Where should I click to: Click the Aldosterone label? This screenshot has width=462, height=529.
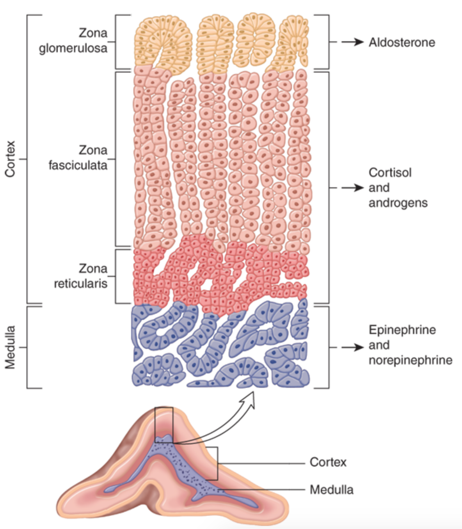click(402, 42)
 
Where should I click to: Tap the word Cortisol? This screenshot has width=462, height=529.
click(390, 172)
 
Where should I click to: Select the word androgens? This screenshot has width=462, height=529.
click(398, 203)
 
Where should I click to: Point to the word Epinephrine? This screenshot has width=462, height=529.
click(402, 330)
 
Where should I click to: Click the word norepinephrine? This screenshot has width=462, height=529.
click(410, 360)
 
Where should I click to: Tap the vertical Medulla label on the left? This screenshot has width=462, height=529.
click(10, 347)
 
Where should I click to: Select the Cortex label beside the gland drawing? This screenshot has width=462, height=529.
click(328, 462)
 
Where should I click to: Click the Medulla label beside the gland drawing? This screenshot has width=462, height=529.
click(331, 489)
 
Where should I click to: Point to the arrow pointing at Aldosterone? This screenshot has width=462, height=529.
click(352, 42)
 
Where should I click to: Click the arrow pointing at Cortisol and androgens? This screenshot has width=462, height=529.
click(352, 188)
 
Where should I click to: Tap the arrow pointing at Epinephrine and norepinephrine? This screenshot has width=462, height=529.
click(352, 347)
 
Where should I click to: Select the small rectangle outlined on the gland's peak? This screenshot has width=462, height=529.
click(163, 424)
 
